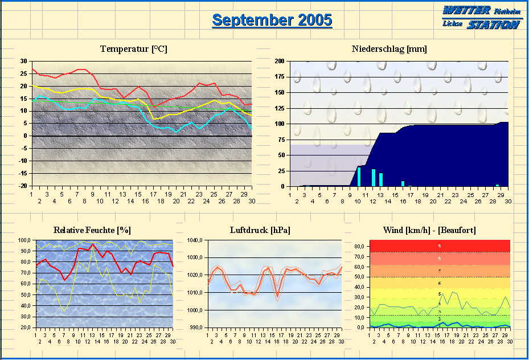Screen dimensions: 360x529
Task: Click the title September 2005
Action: coord(272,20)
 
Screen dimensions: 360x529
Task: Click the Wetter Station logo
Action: coord(481,17)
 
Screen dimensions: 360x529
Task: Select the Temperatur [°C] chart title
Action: coord(134,49)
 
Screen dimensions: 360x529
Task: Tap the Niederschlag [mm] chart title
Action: coord(389,49)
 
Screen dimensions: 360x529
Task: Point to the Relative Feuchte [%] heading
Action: coord(92,230)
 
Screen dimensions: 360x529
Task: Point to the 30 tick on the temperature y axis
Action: coord(23,61)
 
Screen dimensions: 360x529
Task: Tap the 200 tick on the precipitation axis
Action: coord(279,61)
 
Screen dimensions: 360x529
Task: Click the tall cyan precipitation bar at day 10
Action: coord(359,177)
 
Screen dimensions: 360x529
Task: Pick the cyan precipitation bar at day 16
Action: coord(403,183)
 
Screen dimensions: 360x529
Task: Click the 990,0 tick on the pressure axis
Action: coord(195,328)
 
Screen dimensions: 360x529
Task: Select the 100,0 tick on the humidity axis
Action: coord(25,240)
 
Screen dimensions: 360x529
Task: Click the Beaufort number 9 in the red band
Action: coord(439,246)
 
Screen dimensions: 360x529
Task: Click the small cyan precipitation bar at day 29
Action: coord(497,185)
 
